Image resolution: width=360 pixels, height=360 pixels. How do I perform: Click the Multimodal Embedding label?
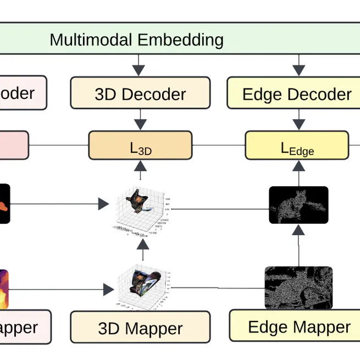pos(136,40)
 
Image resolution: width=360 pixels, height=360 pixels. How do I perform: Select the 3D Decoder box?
pos(140,93)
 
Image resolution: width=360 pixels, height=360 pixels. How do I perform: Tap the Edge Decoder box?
pos(296,93)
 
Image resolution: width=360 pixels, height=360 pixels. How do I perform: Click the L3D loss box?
pos(140,146)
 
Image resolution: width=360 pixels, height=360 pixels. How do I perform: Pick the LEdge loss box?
pos(297,146)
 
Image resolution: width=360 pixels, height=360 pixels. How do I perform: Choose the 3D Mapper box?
pos(140,328)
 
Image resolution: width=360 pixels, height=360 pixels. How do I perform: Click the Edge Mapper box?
pos(299,326)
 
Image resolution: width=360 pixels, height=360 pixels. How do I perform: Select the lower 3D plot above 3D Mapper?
pos(142,286)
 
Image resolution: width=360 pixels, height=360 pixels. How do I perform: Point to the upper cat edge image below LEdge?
pos(298,205)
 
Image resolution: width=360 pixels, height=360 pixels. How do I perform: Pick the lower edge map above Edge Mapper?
pos(298,287)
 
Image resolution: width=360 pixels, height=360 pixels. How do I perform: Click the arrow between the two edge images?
pos(298,245)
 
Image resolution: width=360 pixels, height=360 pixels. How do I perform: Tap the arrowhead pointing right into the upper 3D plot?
pos(103,204)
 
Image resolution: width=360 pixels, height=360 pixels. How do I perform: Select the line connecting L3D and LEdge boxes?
pos(218,146)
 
